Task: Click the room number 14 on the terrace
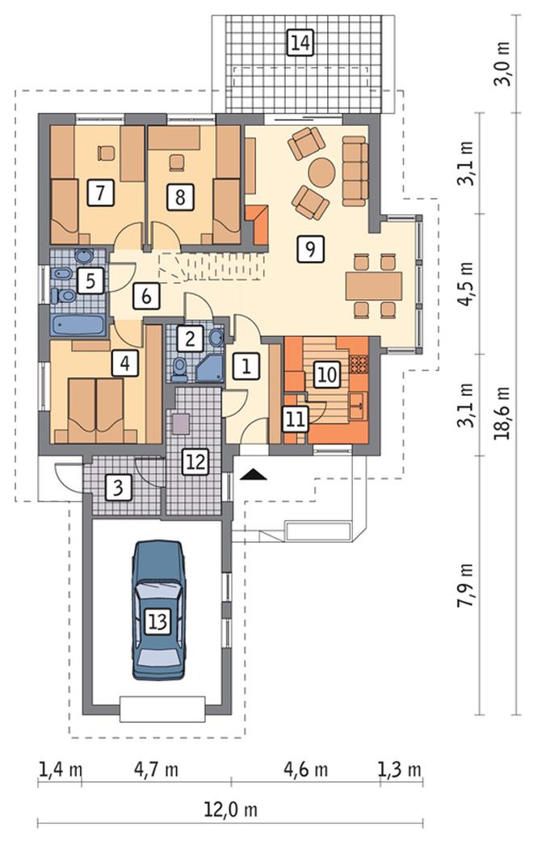coord(300,43)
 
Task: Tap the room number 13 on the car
coord(158,621)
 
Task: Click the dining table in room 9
coord(374,286)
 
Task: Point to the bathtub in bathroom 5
coord(78,325)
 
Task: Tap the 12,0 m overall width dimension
coord(231,809)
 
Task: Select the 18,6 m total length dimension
coord(502,412)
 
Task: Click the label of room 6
coord(146,295)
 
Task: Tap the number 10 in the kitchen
coord(326,374)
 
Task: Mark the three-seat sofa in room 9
coord(355,170)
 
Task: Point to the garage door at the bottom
coord(162,709)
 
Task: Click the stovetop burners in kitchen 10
coord(359,364)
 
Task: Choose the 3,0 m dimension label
coord(502,65)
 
